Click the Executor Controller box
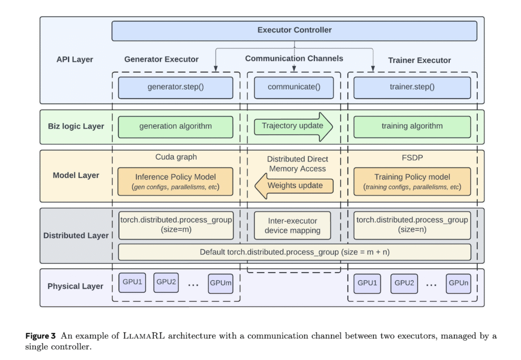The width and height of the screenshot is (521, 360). (295, 31)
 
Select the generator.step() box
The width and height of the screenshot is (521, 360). (176, 88)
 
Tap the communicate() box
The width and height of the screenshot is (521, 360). (294, 88)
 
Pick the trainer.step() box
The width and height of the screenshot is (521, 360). (412, 88)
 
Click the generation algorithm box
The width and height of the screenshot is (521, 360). (176, 127)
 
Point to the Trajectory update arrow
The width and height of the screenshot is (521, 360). (293, 127)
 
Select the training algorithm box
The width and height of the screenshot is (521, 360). (412, 127)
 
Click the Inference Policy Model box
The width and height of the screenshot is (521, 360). (176, 181)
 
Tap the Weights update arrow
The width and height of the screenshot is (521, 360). (294, 186)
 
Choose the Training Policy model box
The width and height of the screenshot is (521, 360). (412, 181)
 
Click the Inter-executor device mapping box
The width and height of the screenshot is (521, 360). (293, 226)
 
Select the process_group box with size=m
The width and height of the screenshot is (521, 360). (176, 226)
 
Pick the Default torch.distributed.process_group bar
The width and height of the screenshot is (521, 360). (295, 252)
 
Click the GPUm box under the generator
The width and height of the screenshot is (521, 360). (221, 284)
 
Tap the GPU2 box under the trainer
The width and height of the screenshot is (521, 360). (404, 284)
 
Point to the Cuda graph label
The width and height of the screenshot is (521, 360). (176, 157)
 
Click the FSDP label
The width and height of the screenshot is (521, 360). (412, 157)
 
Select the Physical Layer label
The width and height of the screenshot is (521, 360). (75, 286)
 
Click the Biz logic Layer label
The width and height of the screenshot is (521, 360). (76, 126)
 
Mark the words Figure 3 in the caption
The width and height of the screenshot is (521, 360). (41, 336)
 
